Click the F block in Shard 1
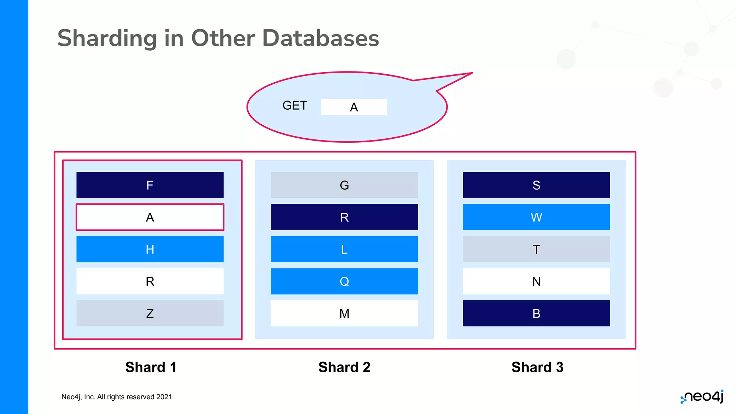(x=150, y=185)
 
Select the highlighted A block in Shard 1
(x=150, y=217)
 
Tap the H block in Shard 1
(x=150, y=249)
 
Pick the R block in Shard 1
(x=150, y=281)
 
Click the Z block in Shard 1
(x=150, y=313)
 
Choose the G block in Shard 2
(x=344, y=185)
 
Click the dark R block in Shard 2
(x=344, y=217)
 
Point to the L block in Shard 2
(x=344, y=249)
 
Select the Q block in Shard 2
(x=344, y=281)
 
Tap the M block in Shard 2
(x=344, y=313)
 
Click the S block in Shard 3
(x=536, y=185)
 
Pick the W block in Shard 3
(x=536, y=217)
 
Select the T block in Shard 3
(x=536, y=249)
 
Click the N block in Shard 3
(x=536, y=281)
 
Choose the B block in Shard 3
(x=536, y=313)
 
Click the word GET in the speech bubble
(x=295, y=106)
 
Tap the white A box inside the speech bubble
(x=354, y=107)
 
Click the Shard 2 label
(x=344, y=367)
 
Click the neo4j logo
(x=703, y=396)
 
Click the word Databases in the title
(x=321, y=38)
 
